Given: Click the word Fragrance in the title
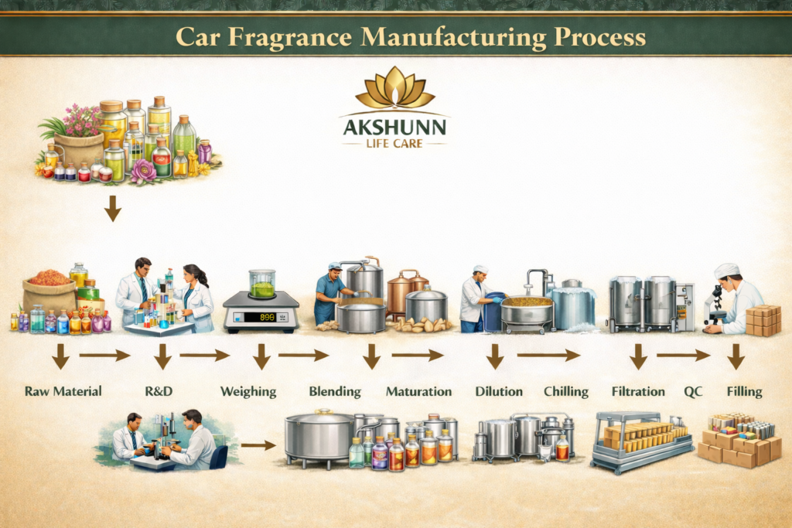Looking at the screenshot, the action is click(289, 37).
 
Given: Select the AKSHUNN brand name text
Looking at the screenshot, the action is click(394, 127).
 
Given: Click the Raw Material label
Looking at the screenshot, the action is click(63, 391).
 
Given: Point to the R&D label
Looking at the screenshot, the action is click(159, 391).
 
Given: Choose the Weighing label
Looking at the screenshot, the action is click(248, 392).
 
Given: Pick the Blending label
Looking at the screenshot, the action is click(335, 392).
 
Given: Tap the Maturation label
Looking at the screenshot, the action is click(418, 392).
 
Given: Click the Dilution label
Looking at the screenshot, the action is click(499, 392).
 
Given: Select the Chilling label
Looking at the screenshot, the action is click(566, 392).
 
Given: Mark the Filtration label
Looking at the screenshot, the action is click(638, 392).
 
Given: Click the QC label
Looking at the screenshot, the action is click(693, 392).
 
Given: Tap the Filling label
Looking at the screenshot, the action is click(744, 392).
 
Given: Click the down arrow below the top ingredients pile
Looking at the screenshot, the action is click(113, 208).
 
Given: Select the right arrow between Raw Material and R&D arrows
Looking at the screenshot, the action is click(104, 356).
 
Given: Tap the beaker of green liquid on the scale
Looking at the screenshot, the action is click(262, 284).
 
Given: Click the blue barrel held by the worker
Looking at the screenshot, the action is click(493, 312).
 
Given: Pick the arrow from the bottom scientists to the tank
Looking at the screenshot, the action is click(258, 445).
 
